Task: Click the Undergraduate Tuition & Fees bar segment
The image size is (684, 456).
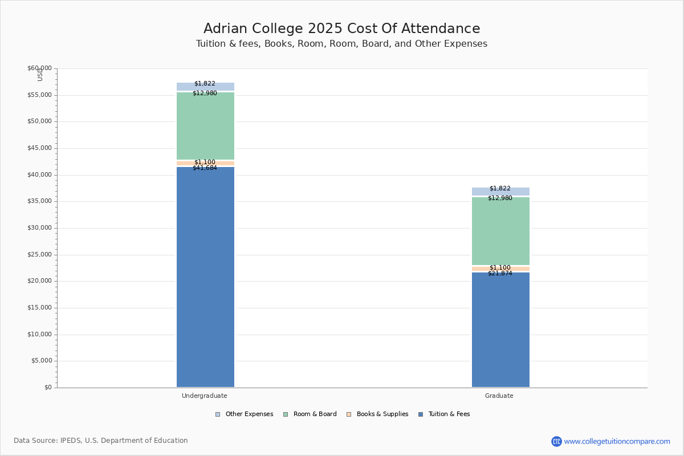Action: click(206, 276)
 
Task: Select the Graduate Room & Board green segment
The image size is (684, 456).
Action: click(501, 231)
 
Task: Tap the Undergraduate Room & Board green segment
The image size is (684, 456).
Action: click(206, 126)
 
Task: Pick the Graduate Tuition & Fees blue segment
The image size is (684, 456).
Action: click(501, 329)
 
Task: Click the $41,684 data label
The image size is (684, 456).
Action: click(205, 168)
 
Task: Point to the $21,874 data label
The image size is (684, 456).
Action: click(500, 274)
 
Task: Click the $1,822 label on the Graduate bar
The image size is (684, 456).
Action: click(500, 189)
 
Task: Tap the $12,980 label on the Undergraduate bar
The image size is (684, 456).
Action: click(205, 93)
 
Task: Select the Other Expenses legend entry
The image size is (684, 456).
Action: click(245, 414)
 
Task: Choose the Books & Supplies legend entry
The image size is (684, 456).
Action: click(377, 414)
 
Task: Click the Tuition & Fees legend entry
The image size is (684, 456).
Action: click(444, 414)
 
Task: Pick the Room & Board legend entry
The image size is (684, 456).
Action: click(310, 414)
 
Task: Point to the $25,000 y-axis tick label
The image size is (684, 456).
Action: click(40, 254)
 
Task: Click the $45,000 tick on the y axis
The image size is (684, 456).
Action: click(40, 148)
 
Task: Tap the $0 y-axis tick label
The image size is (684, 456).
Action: click(48, 387)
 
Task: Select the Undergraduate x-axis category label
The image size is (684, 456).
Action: click(205, 396)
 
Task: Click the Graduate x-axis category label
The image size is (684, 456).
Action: click(499, 396)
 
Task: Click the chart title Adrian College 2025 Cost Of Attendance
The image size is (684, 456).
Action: click(341, 28)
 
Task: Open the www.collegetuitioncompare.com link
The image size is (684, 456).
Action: click(617, 441)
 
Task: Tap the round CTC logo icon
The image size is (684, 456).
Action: click(557, 441)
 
